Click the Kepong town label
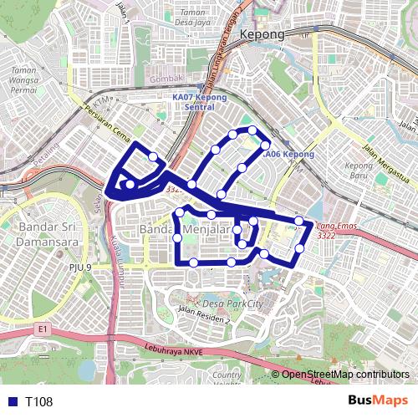262,35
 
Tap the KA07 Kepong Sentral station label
193,102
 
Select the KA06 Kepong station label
288,155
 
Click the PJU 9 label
80,268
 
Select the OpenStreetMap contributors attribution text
344,375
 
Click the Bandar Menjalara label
186,229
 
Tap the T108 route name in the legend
39,402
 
